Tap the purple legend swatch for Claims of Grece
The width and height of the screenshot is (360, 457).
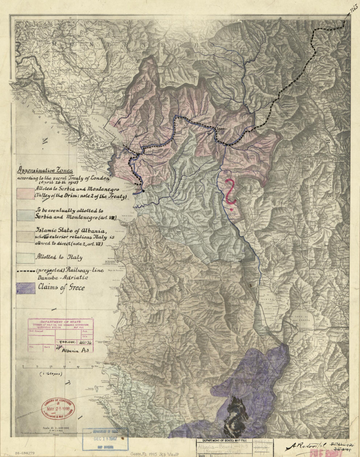pos(26,288)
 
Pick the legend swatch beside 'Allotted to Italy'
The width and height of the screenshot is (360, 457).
pos(26,258)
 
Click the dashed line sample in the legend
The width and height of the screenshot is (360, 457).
pos(26,271)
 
